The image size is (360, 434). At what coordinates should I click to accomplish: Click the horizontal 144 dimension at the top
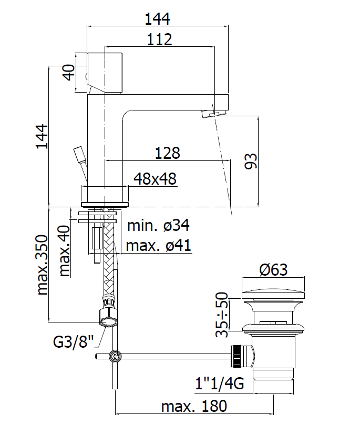pyautogui.click(x=157, y=19)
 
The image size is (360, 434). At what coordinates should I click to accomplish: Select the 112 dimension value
pyautogui.click(x=159, y=39)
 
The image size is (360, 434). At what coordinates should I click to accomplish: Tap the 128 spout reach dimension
pyautogui.click(x=167, y=153)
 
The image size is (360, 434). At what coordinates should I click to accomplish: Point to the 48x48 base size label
pyautogui.click(x=155, y=179)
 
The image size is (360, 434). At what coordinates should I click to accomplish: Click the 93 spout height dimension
pyautogui.click(x=251, y=161)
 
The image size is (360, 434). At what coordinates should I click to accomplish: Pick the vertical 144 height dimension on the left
pyautogui.click(x=42, y=136)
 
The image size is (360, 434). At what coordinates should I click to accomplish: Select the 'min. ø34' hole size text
pyautogui.click(x=158, y=226)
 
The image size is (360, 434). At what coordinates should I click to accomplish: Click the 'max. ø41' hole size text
pyautogui.click(x=158, y=245)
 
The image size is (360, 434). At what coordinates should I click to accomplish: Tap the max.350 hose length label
pyautogui.click(x=42, y=265)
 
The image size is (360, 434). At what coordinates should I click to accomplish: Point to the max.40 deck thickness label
pyautogui.click(x=65, y=251)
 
